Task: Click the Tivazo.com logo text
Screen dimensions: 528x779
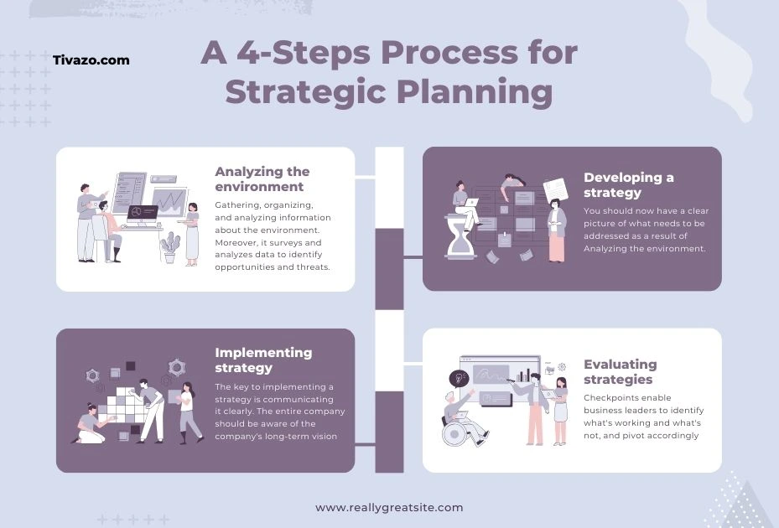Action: pos(91,60)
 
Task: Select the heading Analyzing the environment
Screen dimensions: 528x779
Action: pos(262,179)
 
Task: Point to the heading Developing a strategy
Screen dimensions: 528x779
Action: pos(628,185)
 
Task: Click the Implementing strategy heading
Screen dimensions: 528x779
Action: pos(263,360)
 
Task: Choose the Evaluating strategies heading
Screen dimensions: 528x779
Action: pos(620,371)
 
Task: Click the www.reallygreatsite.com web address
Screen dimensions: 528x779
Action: pos(388,507)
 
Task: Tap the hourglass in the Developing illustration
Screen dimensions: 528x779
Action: pos(459,237)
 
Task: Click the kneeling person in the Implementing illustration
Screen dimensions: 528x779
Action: pos(90,423)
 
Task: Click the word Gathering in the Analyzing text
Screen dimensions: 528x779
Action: pos(239,204)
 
